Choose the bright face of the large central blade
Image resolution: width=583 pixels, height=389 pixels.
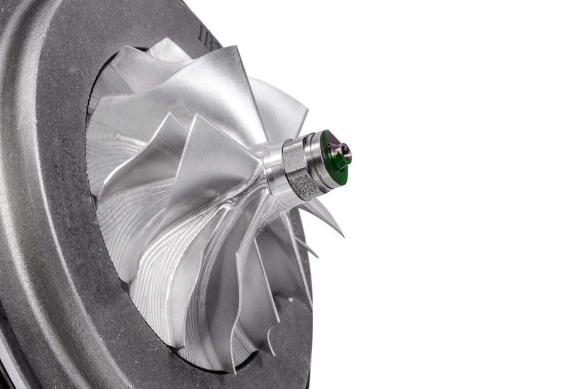222,167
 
